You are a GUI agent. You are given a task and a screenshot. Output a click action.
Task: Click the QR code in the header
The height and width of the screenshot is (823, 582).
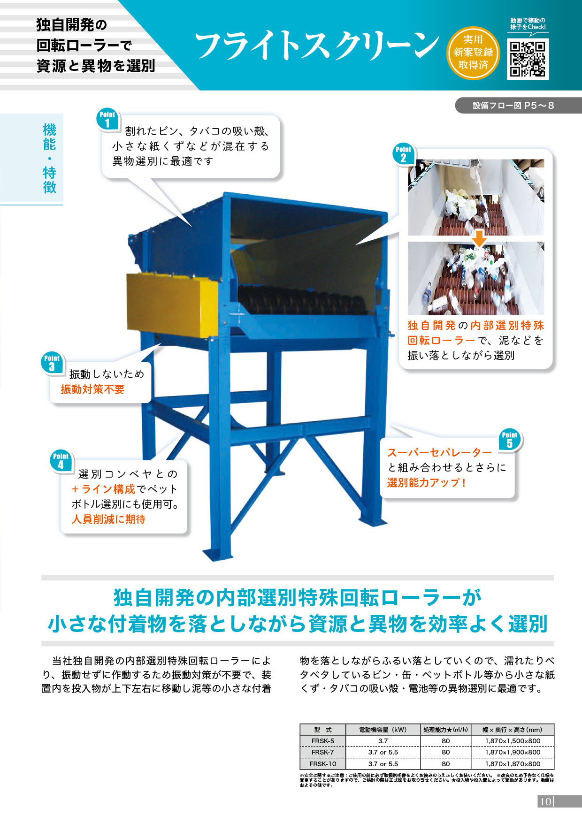click(528, 59)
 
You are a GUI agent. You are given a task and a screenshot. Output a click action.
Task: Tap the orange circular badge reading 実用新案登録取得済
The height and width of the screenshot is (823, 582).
click(473, 53)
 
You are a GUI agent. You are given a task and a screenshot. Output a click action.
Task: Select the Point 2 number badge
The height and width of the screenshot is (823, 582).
click(403, 154)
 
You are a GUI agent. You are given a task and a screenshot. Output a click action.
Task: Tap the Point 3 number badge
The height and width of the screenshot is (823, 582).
click(52, 363)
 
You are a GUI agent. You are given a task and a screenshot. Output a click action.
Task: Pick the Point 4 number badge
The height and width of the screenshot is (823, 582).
click(61, 461)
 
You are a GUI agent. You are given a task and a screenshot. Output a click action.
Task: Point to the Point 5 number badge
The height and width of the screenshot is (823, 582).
click(509, 440)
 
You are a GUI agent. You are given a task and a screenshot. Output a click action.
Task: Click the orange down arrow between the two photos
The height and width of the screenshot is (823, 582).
click(479, 238)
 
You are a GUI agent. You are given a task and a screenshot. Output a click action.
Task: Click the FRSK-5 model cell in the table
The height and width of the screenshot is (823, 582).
click(323, 741)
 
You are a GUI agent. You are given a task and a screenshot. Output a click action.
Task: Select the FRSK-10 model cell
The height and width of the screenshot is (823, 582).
click(323, 764)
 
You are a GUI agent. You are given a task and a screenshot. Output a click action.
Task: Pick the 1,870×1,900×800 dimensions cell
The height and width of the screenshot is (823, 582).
click(513, 752)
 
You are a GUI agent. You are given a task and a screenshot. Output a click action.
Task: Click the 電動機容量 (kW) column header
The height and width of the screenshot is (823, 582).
click(383, 730)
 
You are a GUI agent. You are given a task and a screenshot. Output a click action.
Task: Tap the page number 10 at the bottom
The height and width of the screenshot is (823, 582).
click(545, 801)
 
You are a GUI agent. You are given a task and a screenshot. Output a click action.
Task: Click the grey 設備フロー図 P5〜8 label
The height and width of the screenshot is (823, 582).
click(513, 106)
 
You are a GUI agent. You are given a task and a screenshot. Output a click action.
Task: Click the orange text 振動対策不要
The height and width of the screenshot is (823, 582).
click(92, 389)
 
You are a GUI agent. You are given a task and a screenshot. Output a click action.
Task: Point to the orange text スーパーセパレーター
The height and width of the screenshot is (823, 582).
click(439, 452)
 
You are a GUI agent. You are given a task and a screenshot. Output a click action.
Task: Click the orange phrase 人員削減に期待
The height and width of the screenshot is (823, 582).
click(108, 519)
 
